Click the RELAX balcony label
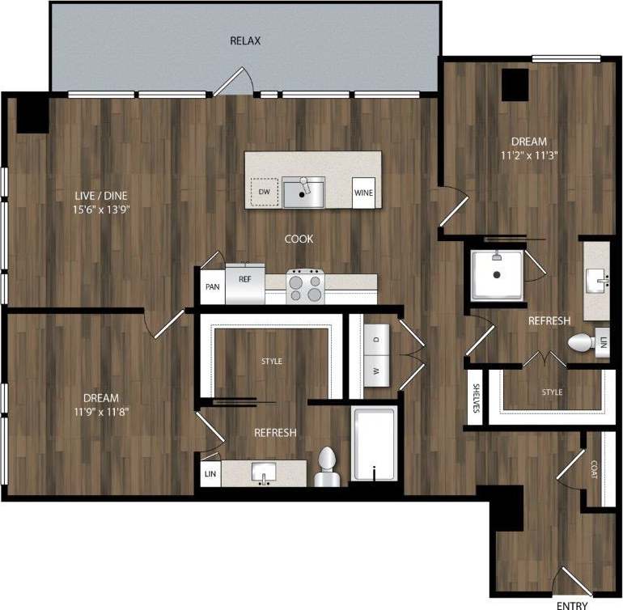pos(245,40)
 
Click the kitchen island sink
pos(303,192)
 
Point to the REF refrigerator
pos(244,284)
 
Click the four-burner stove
pos(306,285)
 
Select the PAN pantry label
pos(213,286)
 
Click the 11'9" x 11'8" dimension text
pos(100,411)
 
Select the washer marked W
pos(376,373)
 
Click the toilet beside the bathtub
pos(326,468)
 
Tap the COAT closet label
pos(594,469)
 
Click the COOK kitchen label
pos(299,239)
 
